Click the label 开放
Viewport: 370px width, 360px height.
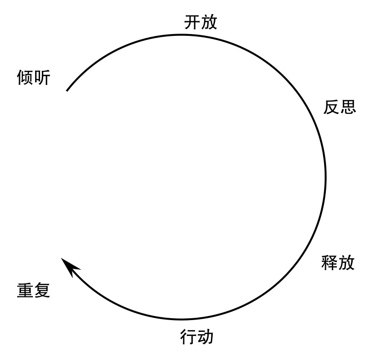pos(201,22)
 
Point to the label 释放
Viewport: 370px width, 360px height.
pos(338,263)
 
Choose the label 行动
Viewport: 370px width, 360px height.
pos(196,337)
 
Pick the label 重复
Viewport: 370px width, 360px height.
pos(34,290)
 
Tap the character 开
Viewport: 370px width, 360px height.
pos(193,22)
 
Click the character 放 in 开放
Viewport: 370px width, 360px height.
pos(210,22)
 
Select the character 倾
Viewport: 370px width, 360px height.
pos(25,78)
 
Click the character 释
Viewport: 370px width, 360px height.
pos(330,263)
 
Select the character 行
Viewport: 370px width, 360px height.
pos(188,337)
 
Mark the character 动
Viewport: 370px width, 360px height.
pos(205,337)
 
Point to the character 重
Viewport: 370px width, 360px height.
pos(25,290)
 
